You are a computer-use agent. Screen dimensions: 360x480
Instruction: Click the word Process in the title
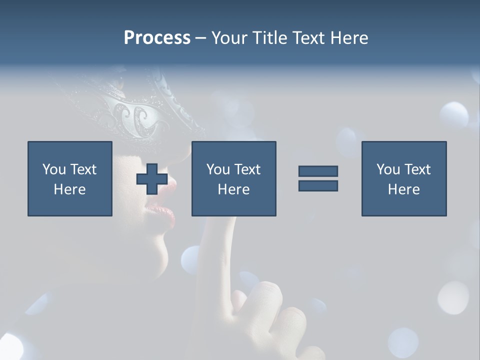pos(157,38)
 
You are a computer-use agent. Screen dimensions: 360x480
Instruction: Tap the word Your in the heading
pos(229,38)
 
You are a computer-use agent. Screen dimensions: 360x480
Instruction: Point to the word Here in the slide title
pos(349,38)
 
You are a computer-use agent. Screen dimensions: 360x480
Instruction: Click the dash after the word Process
pos(200,38)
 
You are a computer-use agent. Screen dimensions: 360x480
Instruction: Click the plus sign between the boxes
pos(152,179)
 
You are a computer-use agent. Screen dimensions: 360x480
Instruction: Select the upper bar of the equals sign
pos(318,171)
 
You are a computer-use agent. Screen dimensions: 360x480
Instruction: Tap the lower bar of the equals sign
pos(318,185)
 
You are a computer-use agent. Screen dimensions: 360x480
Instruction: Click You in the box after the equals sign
pos(388,169)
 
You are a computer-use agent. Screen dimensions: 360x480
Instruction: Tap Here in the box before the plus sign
pos(69,189)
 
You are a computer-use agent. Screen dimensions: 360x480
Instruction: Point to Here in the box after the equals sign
pos(403,189)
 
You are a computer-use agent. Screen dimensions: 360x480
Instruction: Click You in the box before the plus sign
pos(54,169)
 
